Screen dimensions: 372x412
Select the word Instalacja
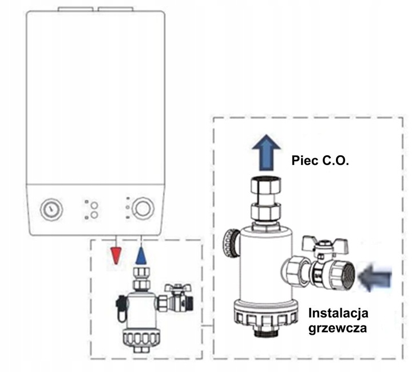tap(338, 314)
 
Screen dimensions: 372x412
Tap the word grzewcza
tap(338, 330)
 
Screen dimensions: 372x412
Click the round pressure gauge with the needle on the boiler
tap(49, 210)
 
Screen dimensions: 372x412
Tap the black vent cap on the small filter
tap(121, 302)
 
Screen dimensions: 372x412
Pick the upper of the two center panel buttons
tap(95, 205)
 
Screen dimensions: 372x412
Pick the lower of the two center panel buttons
tap(95, 216)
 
